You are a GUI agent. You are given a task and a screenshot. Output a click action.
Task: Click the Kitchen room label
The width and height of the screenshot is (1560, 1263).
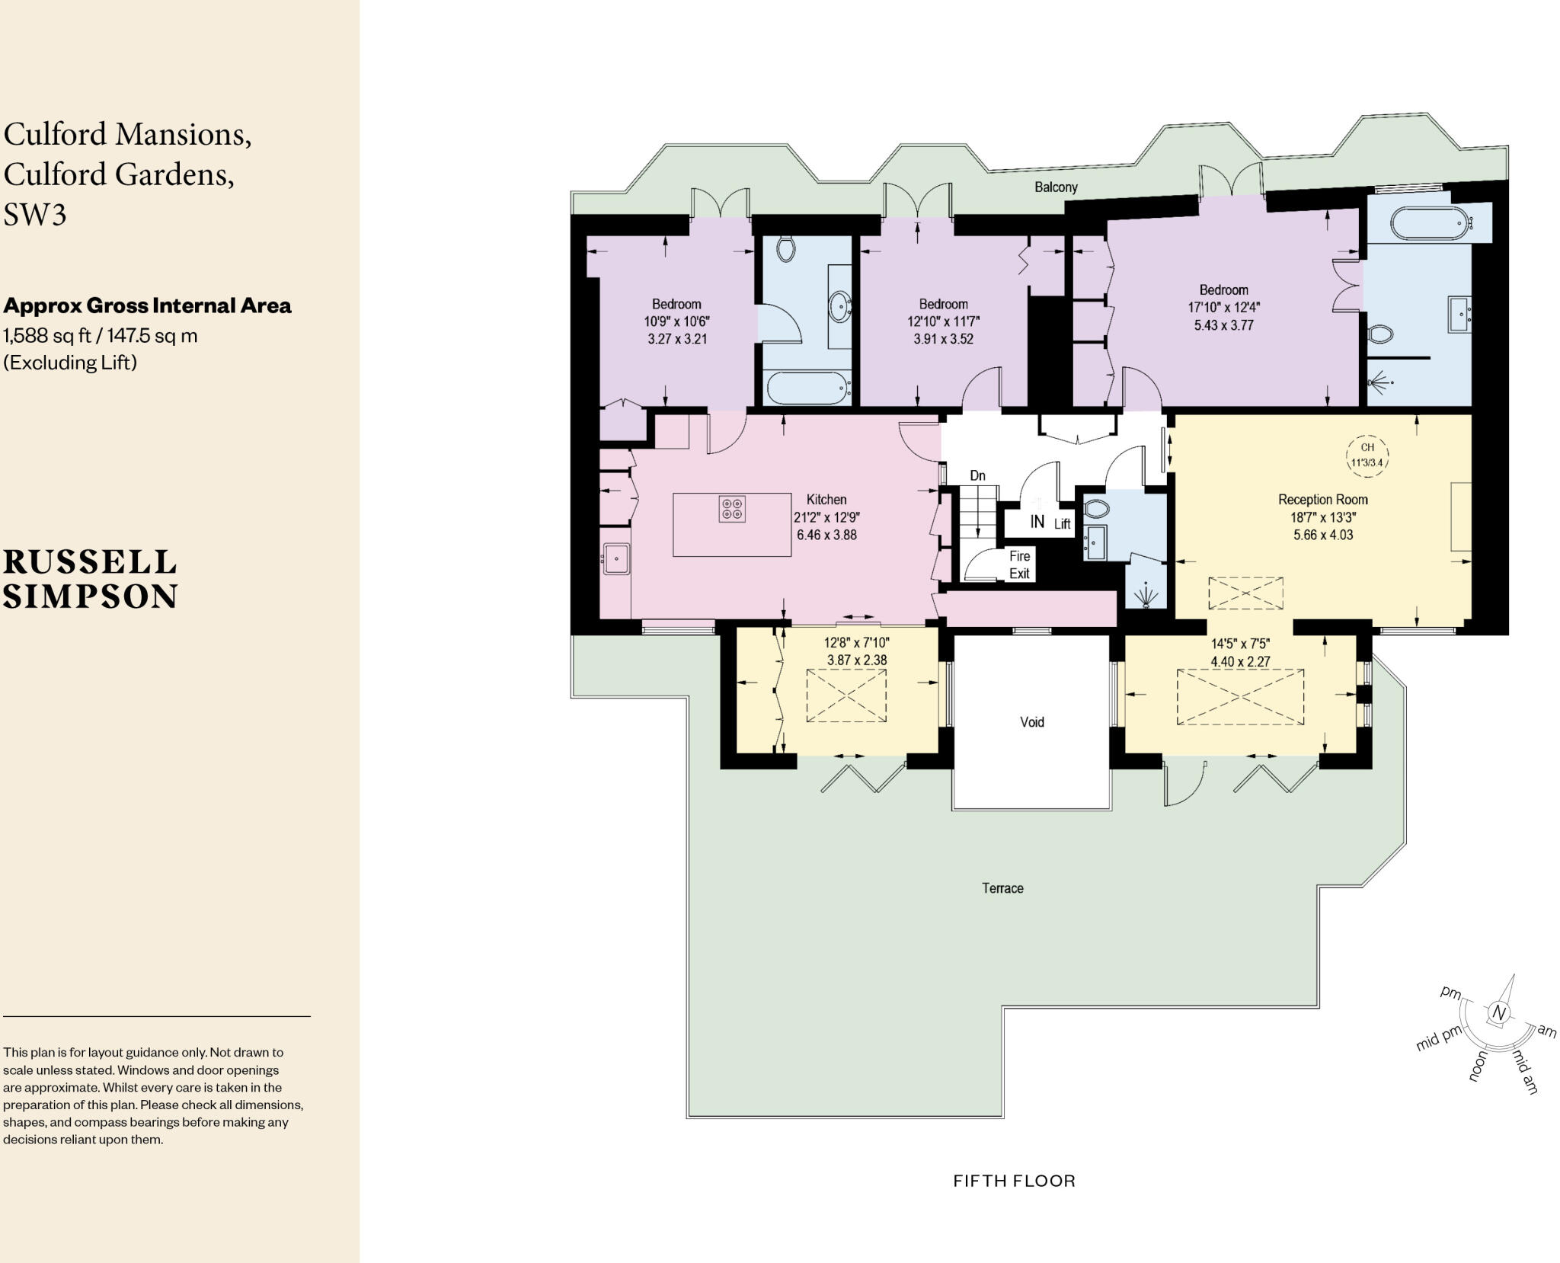click(826, 500)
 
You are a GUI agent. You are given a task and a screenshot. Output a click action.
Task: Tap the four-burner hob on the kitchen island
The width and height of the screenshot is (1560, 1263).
click(732, 509)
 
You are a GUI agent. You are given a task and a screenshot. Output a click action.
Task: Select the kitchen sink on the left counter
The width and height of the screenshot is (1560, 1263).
click(616, 558)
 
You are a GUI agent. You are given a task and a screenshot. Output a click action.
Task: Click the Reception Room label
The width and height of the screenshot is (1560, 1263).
click(1322, 500)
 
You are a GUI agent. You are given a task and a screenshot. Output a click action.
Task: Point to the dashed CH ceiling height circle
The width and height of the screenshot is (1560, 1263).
click(1367, 455)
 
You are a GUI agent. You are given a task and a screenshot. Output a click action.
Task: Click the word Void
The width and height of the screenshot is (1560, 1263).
click(1031, 721)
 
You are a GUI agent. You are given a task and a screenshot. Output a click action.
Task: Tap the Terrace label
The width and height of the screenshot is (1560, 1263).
click(1002, 888)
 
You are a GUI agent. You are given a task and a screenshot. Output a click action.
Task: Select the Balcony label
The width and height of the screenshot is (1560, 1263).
click(1056, 187)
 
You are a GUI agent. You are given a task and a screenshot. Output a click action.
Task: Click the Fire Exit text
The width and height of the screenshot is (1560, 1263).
click(1019, 564)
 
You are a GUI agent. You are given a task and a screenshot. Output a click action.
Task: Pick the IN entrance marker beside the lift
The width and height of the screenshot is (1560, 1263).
click(1037, 522)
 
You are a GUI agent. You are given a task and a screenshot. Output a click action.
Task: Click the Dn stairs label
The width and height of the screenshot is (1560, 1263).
click(977, 475)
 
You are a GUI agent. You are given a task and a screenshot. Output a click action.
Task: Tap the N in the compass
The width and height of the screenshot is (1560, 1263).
click(1498, 1013)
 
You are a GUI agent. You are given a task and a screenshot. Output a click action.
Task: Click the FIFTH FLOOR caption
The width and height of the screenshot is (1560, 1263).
click(1014, 1181)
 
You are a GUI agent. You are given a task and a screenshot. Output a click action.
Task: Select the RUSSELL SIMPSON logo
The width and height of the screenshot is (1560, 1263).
click(91, 579)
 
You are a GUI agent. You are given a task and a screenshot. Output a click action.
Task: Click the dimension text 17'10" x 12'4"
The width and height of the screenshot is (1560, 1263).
click(1224, 308)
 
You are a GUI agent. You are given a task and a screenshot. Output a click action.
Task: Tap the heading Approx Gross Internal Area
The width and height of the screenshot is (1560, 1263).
click(147, 305)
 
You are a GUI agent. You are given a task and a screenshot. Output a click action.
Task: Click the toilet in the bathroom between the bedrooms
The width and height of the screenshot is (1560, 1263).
click(786, 248)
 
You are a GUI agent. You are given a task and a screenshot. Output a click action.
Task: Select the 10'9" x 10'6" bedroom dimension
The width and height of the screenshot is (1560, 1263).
click(676, 321)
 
